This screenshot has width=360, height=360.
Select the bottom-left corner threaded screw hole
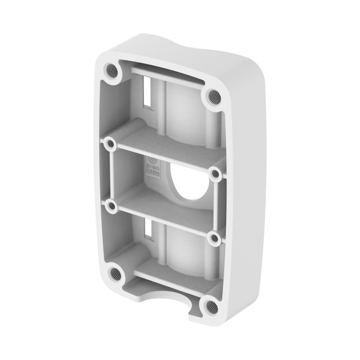116,272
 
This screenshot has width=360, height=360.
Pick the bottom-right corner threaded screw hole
209,306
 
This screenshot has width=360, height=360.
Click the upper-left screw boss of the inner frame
109,144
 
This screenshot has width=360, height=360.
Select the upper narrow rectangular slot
147,90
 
